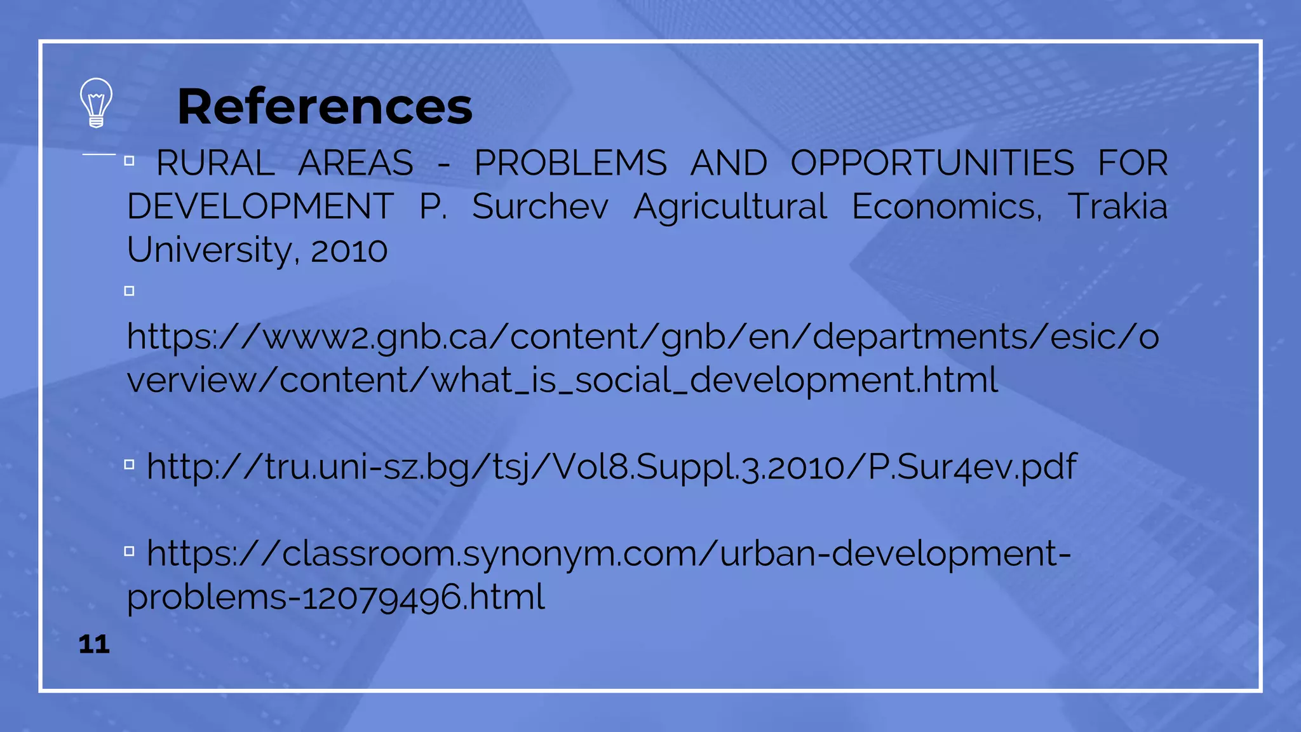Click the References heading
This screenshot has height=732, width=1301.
tap(325, 106)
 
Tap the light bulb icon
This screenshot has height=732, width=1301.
tap(96, 102)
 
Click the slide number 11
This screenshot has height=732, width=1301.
tap(94, 644)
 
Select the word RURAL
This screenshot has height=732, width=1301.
tap(215, 163)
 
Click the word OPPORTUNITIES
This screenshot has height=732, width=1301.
tap(932, 163)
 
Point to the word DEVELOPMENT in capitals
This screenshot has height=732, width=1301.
tap(260, 207)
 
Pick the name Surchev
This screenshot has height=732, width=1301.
tap(540, 207)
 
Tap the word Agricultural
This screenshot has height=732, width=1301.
tap(730, 207)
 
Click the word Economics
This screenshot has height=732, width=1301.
tap(947, 207)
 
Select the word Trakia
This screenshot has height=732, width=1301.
tap(1117, 207)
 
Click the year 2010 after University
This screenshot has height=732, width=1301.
tap(349, 250)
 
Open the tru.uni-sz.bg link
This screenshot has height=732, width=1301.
tap(611, 467)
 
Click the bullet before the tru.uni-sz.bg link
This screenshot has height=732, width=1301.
tap(130, 464)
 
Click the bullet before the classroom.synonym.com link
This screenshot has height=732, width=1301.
tap(130, 551)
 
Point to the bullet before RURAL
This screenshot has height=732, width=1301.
tap(130, 161)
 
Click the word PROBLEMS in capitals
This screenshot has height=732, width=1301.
tap(570, 163)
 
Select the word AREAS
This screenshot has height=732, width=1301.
tap(356, 163)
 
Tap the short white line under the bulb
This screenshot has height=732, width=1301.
tap(99, 154)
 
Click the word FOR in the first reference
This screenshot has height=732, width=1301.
tap(1133, 163)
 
